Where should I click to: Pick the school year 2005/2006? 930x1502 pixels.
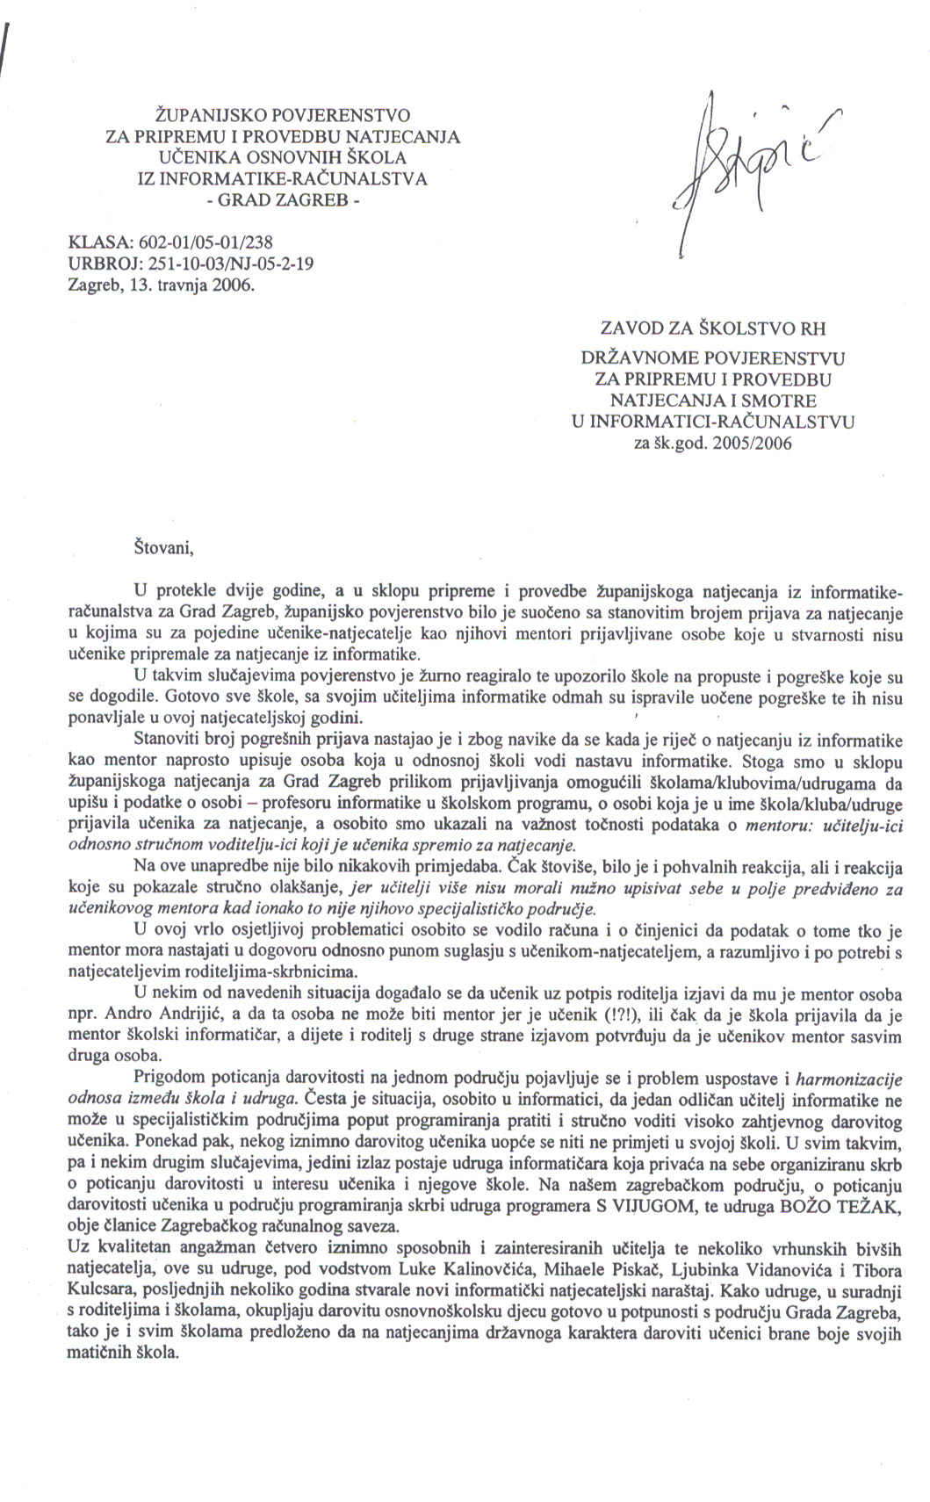click(x=753, y=443)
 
